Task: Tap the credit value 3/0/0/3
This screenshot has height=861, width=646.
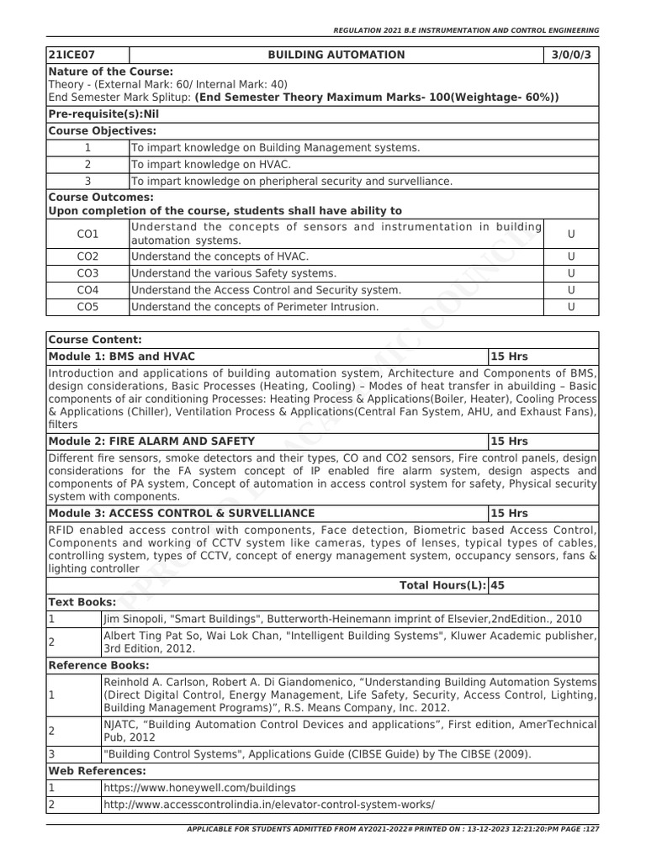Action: (x=571, y=55)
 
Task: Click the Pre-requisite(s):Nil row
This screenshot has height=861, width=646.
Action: (x=103, y=114)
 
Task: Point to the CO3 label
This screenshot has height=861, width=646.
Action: (x=87, y=273)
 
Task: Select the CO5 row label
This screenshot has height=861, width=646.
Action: (x=87, y=307)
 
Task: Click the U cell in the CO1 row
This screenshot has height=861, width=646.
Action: (x=571, y=234)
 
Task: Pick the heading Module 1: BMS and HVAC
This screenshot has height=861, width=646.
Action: (x=122, y=357)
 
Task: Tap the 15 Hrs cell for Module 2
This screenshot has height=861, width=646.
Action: (x=509, y=441)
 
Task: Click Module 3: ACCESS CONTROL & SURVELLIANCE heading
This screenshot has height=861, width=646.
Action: (x=182, y=513)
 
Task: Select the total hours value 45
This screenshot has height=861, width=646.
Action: (x=498, y=585)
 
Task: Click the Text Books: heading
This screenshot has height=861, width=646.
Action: (x=82, y=602)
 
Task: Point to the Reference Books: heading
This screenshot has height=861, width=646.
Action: (x=98, y=665)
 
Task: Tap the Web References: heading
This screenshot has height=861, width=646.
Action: (x=97, y=770)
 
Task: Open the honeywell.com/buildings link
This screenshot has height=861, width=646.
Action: (x=199, y=788)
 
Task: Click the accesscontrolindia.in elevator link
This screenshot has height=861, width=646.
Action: (x=269, y=805)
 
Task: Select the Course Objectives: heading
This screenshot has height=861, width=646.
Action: (x=103, y=130)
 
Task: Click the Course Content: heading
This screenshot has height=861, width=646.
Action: (x=95, y=340)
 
